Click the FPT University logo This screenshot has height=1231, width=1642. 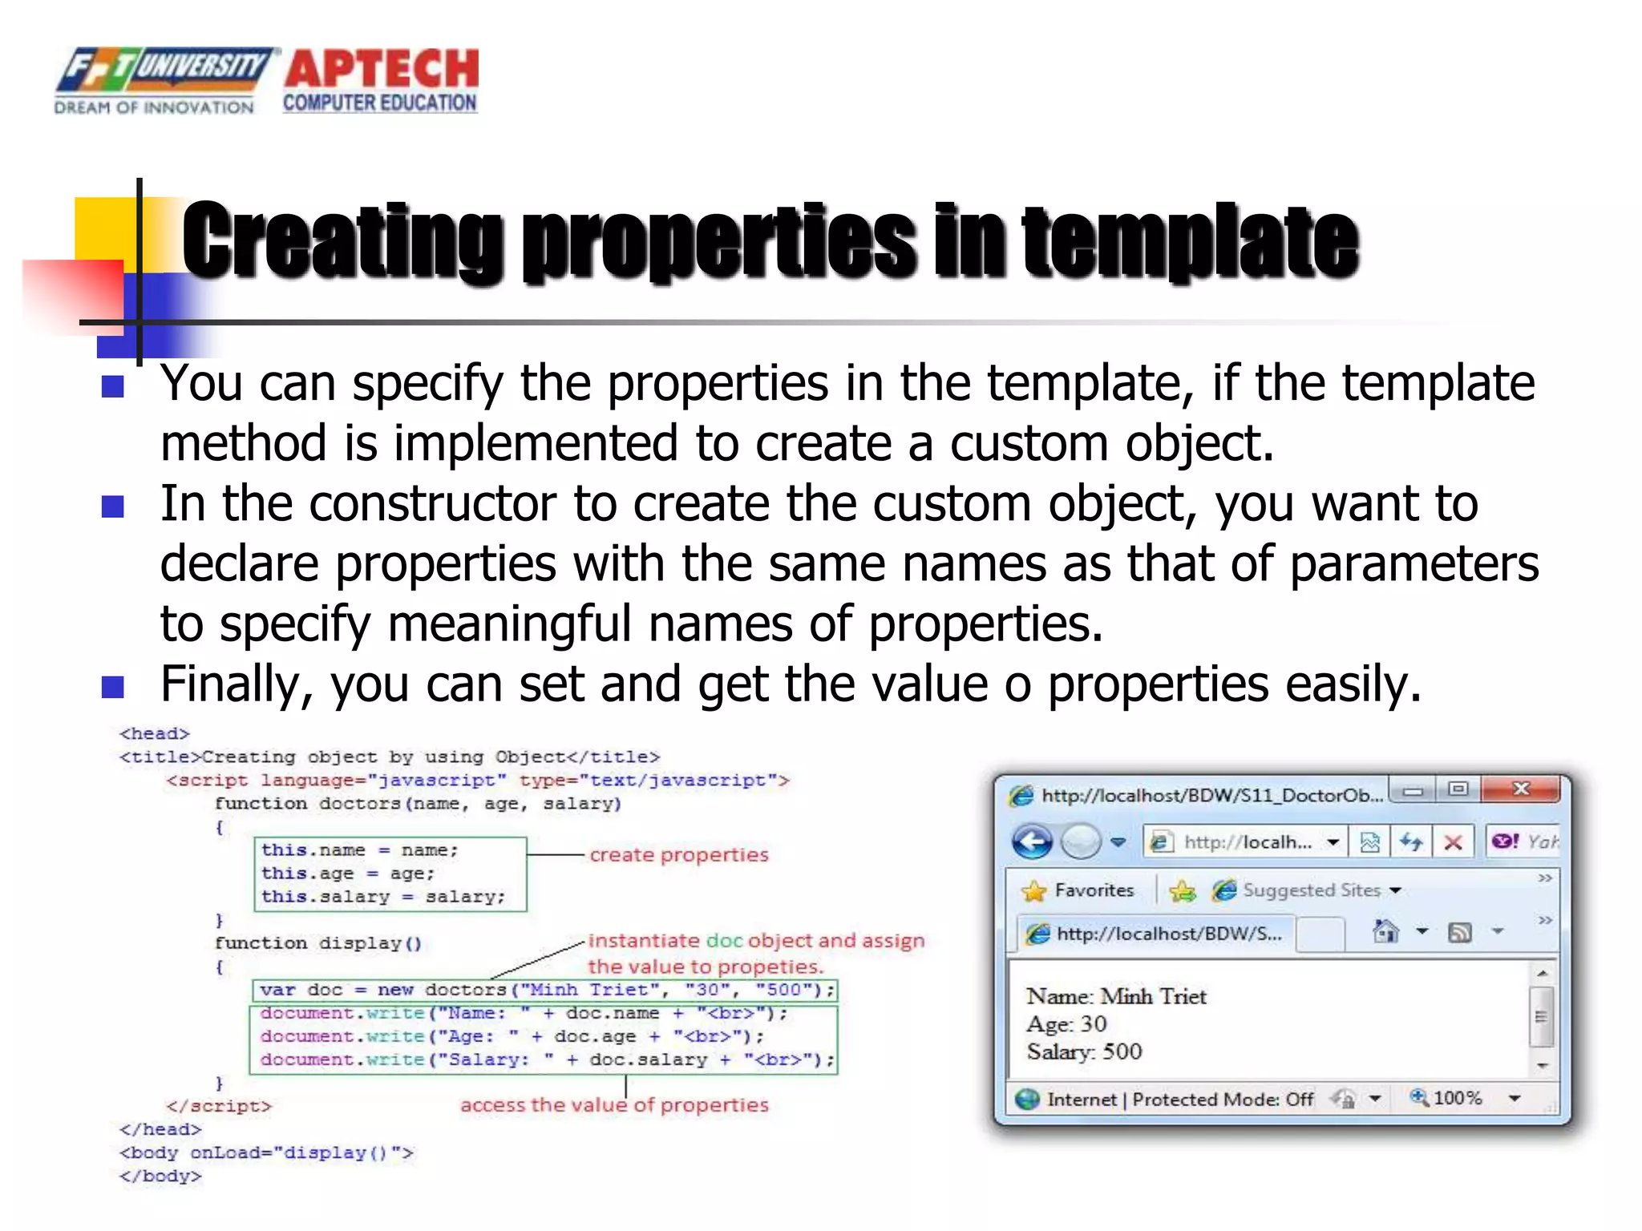160,79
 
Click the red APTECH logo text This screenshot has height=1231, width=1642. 382,69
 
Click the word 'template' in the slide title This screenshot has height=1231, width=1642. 1190,240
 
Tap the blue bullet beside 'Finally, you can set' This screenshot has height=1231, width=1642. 113,687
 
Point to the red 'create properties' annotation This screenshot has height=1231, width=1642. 678,855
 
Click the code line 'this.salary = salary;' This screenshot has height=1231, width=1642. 383,897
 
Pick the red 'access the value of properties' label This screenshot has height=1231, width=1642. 614,1105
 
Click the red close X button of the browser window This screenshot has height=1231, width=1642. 1520,790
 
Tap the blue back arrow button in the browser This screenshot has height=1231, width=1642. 1031,842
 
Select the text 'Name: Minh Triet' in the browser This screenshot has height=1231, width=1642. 1116,996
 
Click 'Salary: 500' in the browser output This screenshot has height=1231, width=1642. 1084,1051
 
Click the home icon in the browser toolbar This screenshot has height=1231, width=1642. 1385,932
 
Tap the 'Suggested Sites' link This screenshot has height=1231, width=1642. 1311,890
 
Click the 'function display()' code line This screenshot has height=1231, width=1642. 317,943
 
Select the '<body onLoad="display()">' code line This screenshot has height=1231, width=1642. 266,1152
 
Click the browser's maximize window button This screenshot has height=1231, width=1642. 1458,790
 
